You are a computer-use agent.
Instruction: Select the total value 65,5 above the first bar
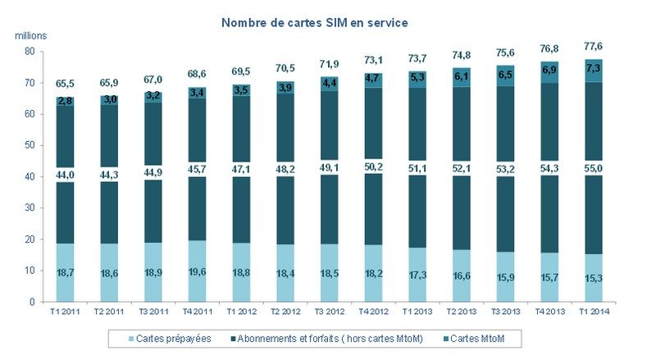coord(66,84)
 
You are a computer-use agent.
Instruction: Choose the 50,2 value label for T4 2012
coord(375,167)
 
